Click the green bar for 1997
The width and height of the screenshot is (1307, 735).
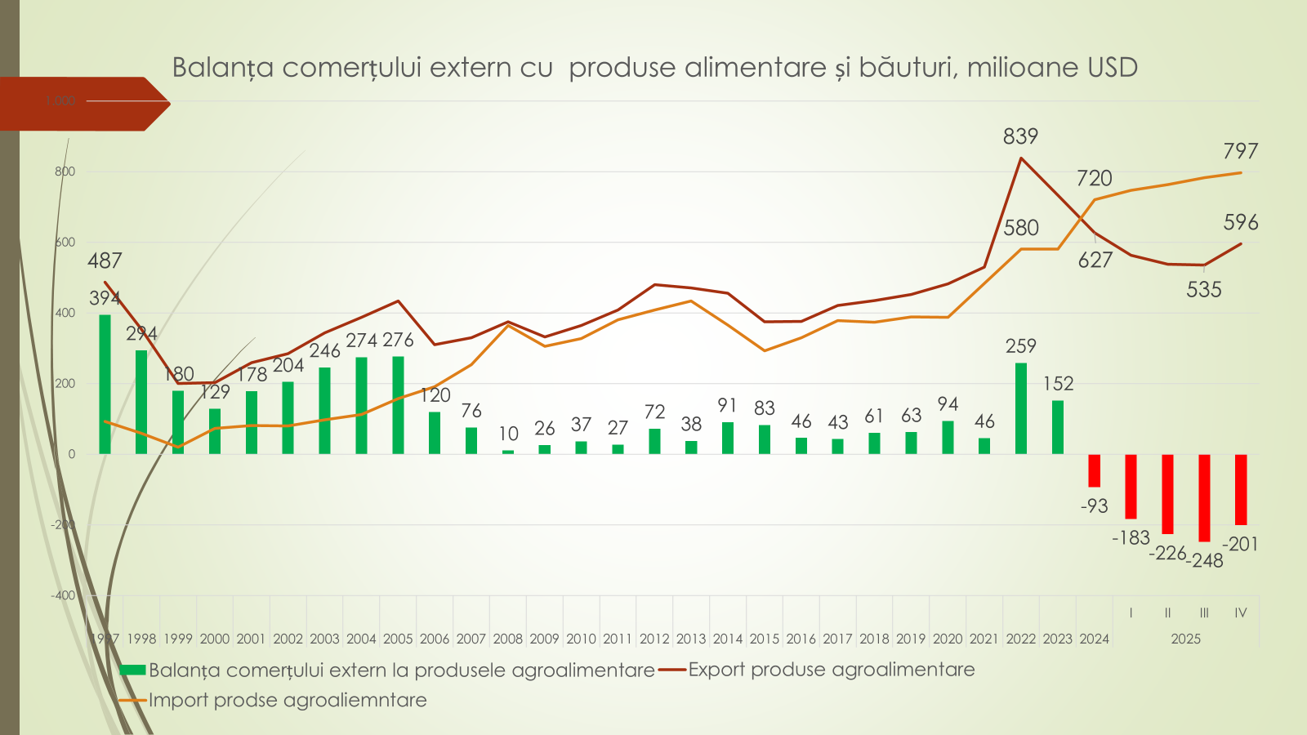click(x=105, y=384)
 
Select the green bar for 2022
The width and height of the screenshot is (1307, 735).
click(x=1021, y=408)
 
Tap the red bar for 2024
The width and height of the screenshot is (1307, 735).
click(x=1095, y=470)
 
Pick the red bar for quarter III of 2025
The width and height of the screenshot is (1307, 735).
click(x=1204, y=497)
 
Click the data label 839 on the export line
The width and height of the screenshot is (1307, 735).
click(x=1020, y=136)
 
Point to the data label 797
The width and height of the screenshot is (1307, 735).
click(x=1240, y=151)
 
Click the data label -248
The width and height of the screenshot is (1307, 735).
click(x=1206, y=560)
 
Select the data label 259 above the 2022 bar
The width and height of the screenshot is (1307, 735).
click(x=1020, y=346)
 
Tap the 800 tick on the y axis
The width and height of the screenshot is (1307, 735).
click(x=65, y=171)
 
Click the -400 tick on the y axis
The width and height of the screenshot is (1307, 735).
click(x=63, y=595)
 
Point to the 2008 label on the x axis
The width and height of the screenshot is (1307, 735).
click(x=507, y=639)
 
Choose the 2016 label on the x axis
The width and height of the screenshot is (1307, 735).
click(x=801, y=639)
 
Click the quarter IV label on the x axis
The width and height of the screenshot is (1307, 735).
click(x=1240, y=612)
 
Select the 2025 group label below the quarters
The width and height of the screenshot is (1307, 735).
click(x=1185, y=639)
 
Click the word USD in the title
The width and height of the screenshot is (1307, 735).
click(x=1113, y=68)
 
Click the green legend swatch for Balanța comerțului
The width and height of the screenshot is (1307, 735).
click(x=132, y=670)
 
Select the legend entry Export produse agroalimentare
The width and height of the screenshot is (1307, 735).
click(x=831, y=670)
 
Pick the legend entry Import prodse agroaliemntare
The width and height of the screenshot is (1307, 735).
click(x=287, y=700)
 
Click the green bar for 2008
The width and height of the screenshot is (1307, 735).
click(x=508, y=452)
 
